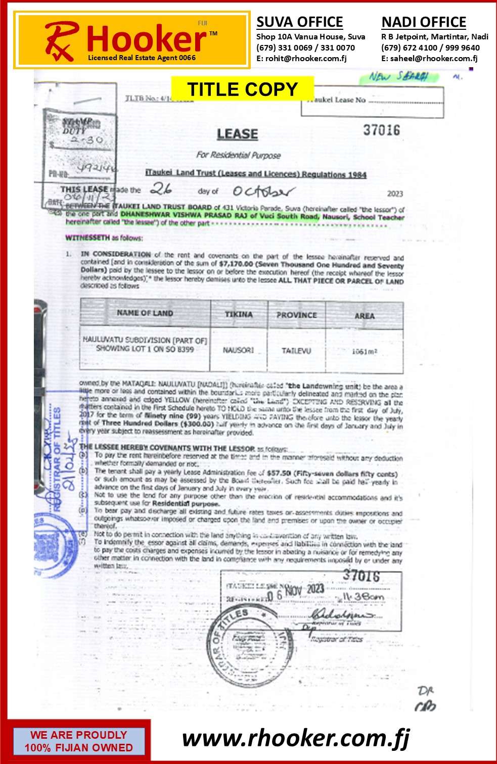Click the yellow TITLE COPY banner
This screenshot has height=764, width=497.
tap(242, 89)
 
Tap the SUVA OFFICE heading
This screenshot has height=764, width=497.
tap(299, 22)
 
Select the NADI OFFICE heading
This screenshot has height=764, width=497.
tap(424, 22)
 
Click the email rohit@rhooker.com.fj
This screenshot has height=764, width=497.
tap(301, 59)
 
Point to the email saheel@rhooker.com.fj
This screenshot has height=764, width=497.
tap(429, 59)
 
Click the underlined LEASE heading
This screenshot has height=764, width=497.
tap(237, 134)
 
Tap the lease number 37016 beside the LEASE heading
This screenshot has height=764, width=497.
tap(381, 130)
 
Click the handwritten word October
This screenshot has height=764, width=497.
tap(263, 192)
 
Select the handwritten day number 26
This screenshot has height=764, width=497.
tap(161, 189)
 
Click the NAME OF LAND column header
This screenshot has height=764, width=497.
tap(145, 313)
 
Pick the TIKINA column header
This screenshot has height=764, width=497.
tap(239, 314)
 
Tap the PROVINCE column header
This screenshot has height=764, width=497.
tap(296, 315)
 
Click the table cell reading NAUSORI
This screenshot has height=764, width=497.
tap(238, 350)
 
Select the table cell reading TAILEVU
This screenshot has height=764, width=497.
tap(296, 351)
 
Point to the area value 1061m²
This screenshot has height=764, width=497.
tap(365, 352)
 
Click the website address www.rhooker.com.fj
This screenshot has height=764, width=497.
tap(296, 739)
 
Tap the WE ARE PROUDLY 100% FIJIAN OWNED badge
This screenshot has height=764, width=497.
tap(78, 741)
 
